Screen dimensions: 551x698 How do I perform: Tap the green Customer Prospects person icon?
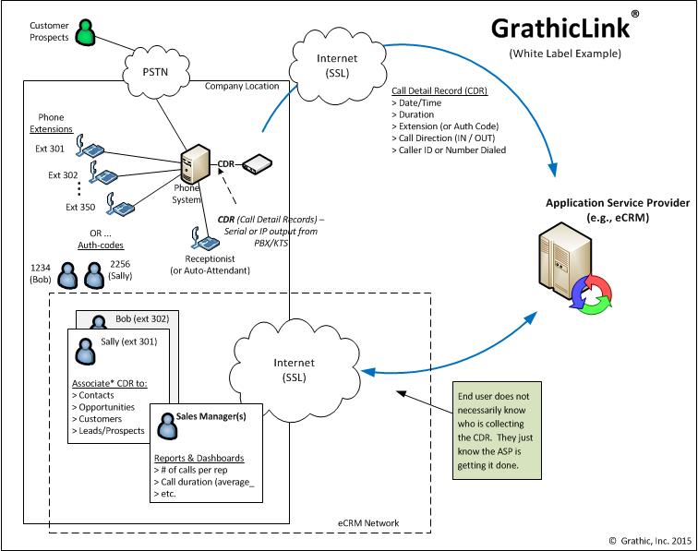point(86,33)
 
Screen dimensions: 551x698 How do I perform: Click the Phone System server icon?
point(193,165)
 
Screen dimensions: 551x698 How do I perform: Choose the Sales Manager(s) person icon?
point(166,422)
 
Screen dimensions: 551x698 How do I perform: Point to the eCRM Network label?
point(368,523)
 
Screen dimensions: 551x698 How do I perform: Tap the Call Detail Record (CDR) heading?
point(439,91)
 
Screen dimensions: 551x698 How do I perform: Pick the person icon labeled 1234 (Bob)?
point(67,275)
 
